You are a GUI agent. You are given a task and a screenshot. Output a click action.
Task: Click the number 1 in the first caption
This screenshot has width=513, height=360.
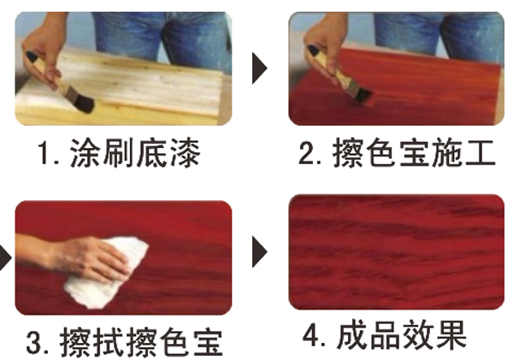pyautogui.click(x=44, y=152)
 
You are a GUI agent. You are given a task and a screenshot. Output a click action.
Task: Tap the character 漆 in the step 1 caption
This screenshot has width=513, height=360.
pyautogui.click(x=184, y=153)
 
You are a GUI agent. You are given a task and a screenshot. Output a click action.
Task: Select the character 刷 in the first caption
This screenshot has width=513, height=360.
pyautogui.click(x=118, y=153)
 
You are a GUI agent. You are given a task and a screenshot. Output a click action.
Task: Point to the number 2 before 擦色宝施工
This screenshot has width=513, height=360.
pyautogui.click(x=306, y=153)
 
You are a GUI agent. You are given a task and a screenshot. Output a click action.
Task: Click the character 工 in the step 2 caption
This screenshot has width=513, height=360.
pyautogui.click(x=478, y=153)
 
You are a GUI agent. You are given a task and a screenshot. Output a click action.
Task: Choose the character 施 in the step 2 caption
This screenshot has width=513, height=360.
pyautogui.click(x=445, y=153)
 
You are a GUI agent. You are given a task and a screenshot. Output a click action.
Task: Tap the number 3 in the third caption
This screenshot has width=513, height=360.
pyautogui.click(x=33, y=342)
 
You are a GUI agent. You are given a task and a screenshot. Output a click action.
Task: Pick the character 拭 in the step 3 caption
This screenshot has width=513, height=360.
pyautogui.click(x=109, y=342)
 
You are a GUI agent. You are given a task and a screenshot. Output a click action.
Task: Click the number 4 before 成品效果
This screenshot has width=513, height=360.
pyautogui.click(x=310, y=335)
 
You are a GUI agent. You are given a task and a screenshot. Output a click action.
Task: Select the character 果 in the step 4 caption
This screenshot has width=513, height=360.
pyautogui.click(x=451, y=335)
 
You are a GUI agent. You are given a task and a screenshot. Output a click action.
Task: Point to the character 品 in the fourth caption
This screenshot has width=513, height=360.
pyautogui.click(x=385, y=335)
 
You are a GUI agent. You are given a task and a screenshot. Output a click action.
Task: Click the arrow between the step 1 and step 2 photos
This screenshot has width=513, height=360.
pyautogui.click(x=260, y=68)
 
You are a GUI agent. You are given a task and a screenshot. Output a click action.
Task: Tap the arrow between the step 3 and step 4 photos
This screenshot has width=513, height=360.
pyautogui.click(x=260, y=252)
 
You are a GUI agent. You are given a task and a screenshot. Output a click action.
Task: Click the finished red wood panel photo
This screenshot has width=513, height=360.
pyautogui.click(x=396, y=251)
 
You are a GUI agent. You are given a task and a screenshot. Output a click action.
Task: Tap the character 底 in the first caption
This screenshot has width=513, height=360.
pyautogui.click(x=150, y=153)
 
